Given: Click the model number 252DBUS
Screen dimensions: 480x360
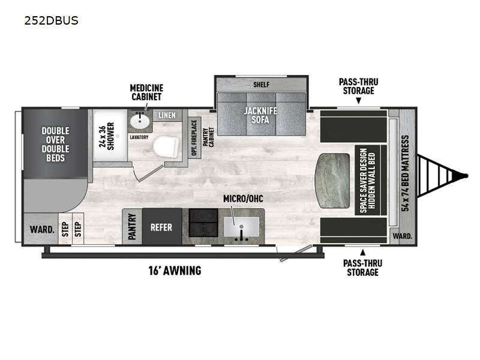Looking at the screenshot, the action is click(52, 20).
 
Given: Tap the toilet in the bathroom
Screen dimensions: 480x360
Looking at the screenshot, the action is click(166, 146).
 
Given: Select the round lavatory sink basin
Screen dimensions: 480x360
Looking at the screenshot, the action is click(140, 122).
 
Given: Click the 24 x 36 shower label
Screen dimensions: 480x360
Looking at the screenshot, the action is click(107, 136).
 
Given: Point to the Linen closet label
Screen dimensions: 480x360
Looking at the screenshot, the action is click(167, 115).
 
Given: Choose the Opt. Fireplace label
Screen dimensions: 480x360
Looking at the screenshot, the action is click(194, 138).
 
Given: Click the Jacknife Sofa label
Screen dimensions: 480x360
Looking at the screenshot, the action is click(260, 115).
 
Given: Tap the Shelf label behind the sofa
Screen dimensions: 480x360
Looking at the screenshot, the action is click(261, 85).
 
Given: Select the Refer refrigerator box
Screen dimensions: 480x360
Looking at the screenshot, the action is click(161, 227).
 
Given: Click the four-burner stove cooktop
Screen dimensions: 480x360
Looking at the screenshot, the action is click(203, 223).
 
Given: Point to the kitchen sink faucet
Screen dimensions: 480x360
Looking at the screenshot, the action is click(242, 233).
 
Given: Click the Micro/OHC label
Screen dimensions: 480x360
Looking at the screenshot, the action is click(243, 199).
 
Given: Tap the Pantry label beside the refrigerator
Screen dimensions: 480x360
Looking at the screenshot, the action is click(132, 227).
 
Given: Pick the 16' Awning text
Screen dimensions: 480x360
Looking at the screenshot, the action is click(175, 271).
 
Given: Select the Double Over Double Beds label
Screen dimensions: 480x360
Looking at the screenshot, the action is click(55, 144).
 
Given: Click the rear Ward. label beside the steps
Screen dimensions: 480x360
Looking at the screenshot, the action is click(42, 229).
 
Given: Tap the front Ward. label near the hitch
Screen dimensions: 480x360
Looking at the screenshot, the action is click(402, 236).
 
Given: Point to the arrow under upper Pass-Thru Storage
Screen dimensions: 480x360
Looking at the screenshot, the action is click(358, 101).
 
